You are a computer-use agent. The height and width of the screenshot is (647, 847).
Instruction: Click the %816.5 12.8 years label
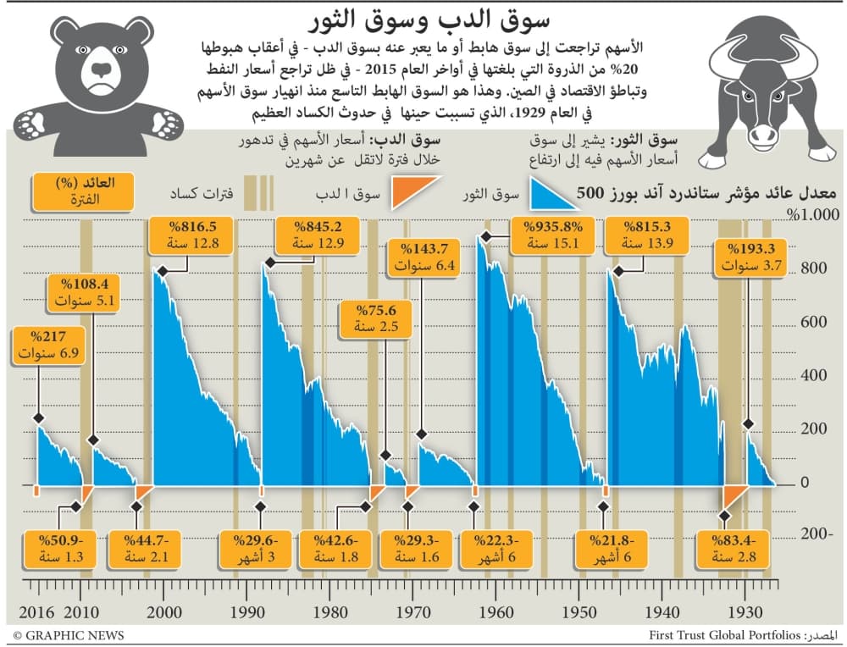(183, 235)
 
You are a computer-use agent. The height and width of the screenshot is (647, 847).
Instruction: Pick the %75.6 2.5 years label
(367, 317)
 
